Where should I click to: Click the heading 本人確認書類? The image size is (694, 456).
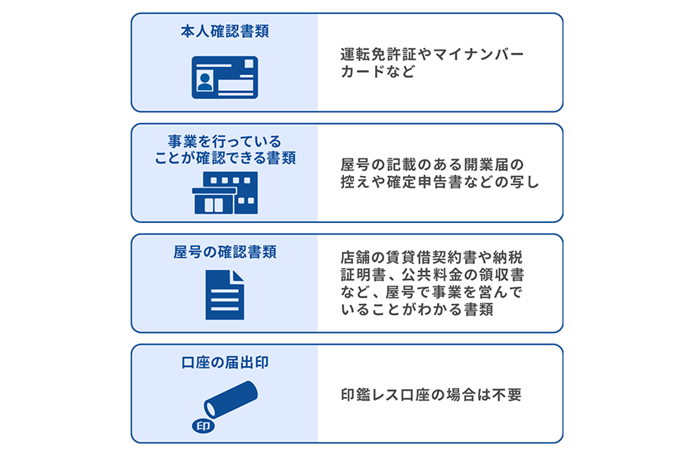(x=224, y=32)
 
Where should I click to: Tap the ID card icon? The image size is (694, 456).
(x=225, y=77)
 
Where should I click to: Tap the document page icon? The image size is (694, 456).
(x=225, y=295)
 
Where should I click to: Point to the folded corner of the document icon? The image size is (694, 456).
(x=238, y=277)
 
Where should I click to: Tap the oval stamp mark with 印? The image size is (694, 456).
(x=203, y=427)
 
